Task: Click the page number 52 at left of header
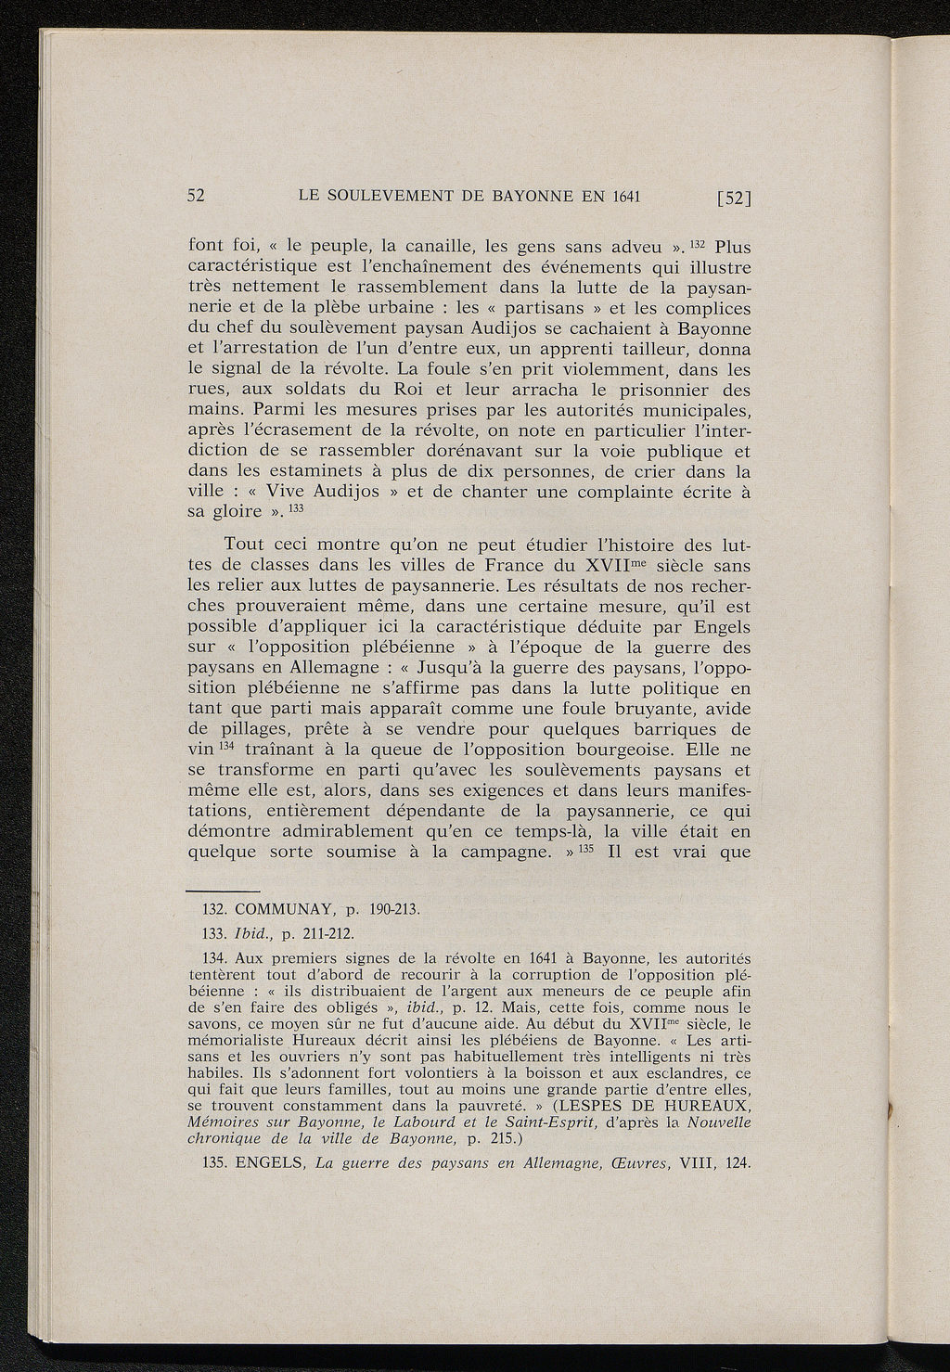196,196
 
